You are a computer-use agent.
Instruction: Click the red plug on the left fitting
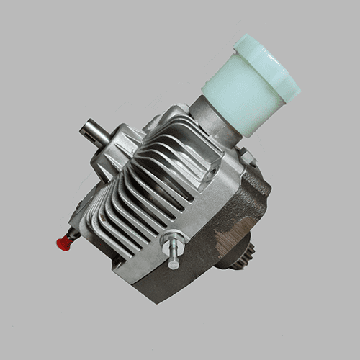[x=63, y=243]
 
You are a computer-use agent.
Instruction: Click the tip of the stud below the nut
[x=174, y=264]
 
